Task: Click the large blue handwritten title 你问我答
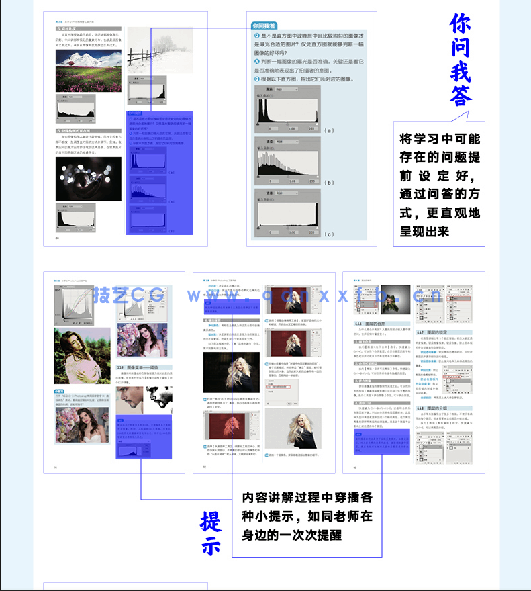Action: [460, 60]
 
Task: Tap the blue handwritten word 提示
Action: [211, 534]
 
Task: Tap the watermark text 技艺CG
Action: [124, 295]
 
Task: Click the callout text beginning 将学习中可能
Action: [440, 185]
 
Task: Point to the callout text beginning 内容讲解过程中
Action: [307, 516]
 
